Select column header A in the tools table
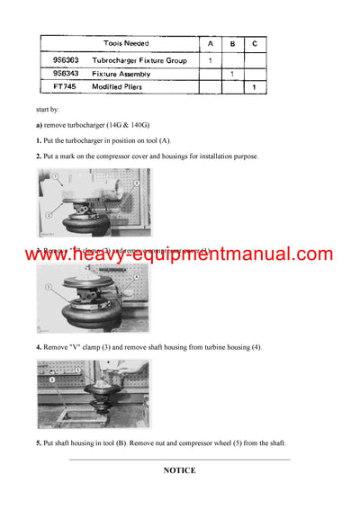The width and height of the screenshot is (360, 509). [x=210, y=43]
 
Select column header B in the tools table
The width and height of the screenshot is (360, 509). [x=232, y=43]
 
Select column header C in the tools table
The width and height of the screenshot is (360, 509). [x=255, y=43]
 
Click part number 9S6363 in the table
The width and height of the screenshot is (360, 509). [x=66, y=59]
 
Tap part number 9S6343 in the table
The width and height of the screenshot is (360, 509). [x=66, y=73]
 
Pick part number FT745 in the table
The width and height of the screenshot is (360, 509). [x=63, y=87]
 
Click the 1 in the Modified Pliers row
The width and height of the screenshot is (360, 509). [x=255, y=87]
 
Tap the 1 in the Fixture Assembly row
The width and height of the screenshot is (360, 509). [x=232, y=73]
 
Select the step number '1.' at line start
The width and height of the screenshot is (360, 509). [x=39, y=140]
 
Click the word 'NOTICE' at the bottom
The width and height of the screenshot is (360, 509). [x=179, y=469]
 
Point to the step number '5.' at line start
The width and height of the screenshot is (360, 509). [x=39, y=442]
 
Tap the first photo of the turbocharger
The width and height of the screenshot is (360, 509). [x=94, y=202]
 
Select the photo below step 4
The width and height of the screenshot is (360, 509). [x=94, y=394]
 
